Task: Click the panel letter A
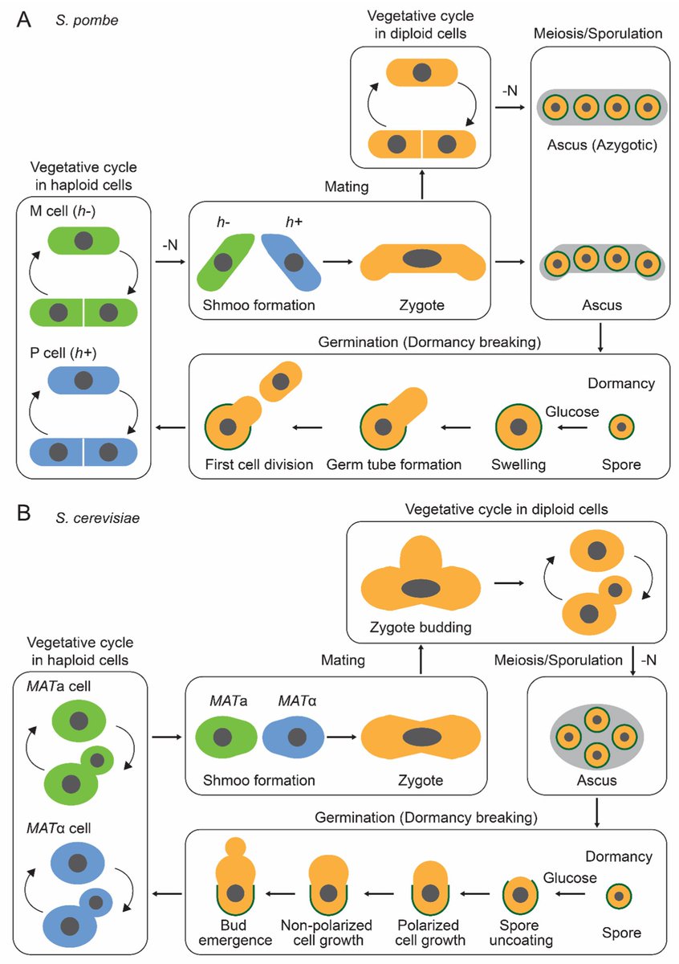(23, 20)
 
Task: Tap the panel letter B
(23, 513)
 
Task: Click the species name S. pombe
(87, 21)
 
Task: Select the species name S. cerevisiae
(98, 517)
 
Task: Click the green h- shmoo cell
(224, 261)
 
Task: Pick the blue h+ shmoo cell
(292, 261)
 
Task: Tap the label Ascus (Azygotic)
(602, 145)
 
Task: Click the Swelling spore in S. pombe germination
(518, 427)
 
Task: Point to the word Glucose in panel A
(572, 411)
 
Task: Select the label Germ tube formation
(393, 464)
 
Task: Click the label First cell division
(259, 464)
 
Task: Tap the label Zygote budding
(420, 627)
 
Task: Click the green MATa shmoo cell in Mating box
(226, 737)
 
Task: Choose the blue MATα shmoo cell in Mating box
(293, 737)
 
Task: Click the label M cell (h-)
(63, 210)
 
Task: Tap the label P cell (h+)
(63, 353)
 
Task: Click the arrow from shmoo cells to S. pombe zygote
(338, 261)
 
